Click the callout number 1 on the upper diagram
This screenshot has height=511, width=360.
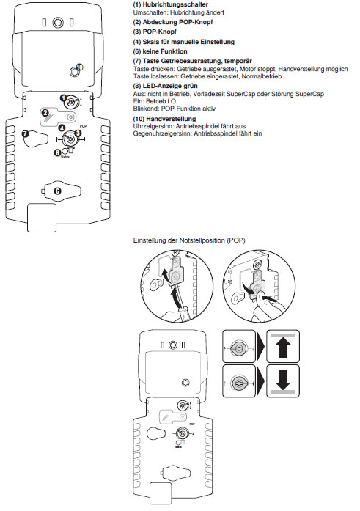coord(64,98)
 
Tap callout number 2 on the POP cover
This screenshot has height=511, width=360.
coord(45,114)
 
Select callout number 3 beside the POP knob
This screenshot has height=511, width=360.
coord(78,133)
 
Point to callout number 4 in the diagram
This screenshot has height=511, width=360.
coord(62,128)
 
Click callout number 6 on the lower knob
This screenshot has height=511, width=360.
coord(58,191)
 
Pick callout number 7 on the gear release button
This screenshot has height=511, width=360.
coord(26,133)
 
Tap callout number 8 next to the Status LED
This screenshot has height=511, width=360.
coord(57,152)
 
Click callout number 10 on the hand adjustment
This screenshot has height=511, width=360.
coord(79,67)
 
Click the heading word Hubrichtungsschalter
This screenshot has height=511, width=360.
coord(175,4)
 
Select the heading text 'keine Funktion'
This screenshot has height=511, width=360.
coord(165,51)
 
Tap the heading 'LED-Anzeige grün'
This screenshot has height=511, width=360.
coord(170,86)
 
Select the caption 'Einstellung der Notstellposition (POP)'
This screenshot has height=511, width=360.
coord(189,240)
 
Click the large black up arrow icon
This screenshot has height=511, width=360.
coord(283,348)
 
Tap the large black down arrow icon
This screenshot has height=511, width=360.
coord(283,379)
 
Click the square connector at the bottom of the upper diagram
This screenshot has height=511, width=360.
coord(42,218)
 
